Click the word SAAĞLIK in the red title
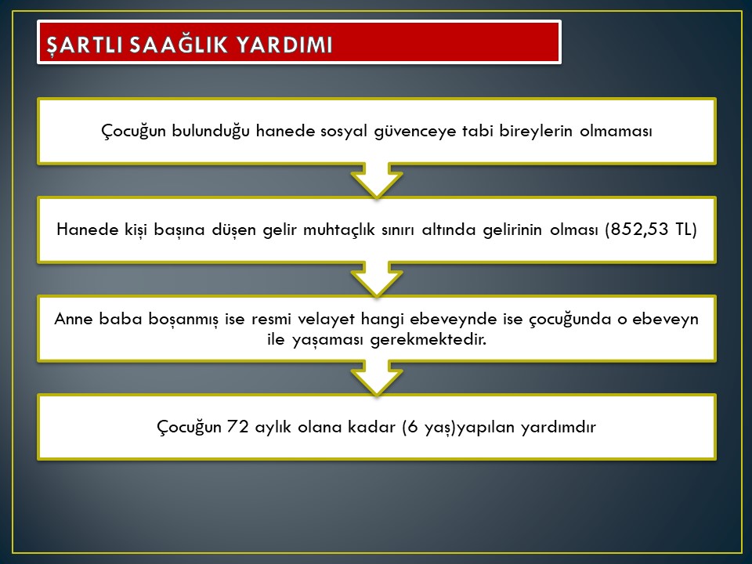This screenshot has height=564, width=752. [x=179, y=45]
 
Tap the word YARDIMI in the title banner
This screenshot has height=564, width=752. [x=284, y=45]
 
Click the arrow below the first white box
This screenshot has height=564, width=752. [x=377, y=180]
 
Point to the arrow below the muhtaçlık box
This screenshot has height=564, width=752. [x=377, y=279]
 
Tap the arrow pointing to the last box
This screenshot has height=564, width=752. [x=377, y=378]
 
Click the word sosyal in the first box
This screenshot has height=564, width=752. [x=344, y=131]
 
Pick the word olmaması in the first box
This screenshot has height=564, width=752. [x=616, y=131]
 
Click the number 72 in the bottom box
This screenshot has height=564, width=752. [x=238, y=426]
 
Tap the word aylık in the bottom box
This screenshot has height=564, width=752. [x=273, y=427]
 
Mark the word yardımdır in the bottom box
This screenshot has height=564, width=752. [x=559, y=427]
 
